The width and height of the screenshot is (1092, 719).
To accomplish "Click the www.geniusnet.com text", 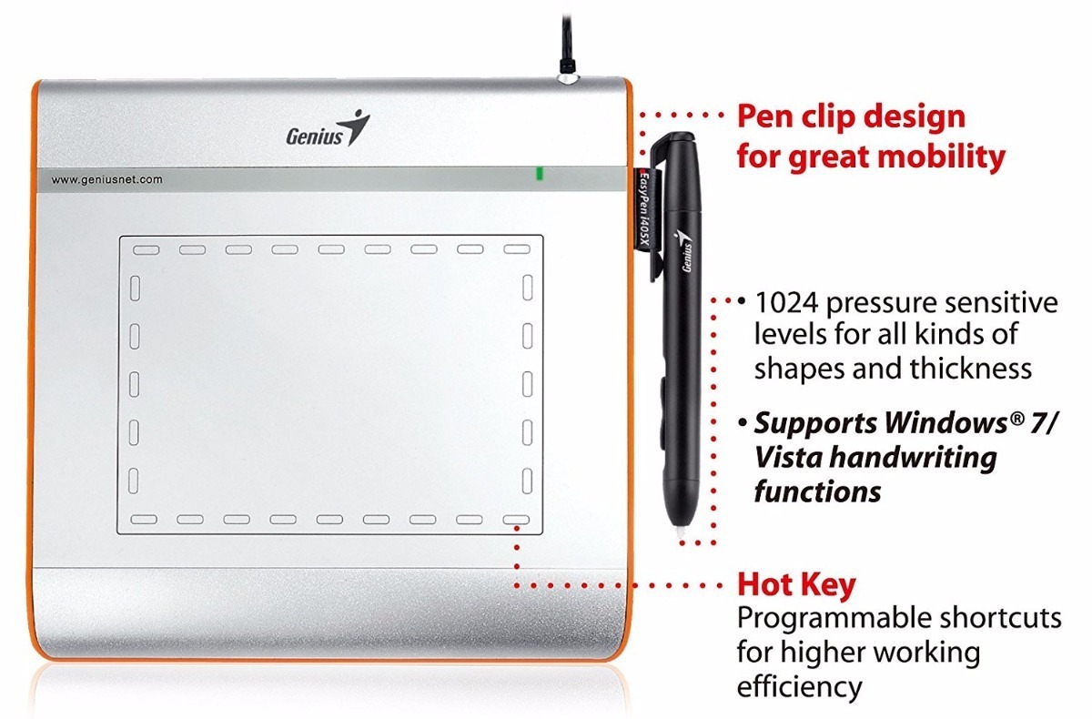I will [x=107, y=180].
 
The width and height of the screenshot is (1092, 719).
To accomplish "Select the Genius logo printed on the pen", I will [x=684, y=250].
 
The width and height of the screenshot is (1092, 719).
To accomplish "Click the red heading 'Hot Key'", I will [x=796, y=584].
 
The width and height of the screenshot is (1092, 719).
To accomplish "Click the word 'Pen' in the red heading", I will [x=767, y=117].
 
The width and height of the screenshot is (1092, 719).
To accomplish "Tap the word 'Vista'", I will [x=790, y=459].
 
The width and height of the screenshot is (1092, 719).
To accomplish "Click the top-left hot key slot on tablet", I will [x=147, y=248].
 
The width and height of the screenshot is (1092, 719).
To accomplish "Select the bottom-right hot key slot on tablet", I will [x=516, y=520].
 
